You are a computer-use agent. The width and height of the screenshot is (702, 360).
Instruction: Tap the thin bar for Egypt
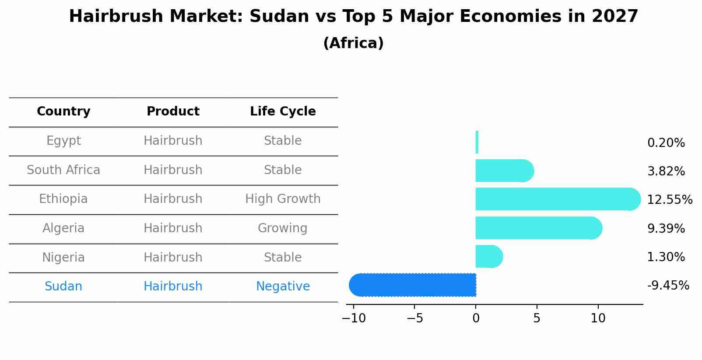pyautogui.click(x=477, y=142)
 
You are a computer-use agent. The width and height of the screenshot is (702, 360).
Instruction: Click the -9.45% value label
pyautogui.click(x=668, y=286)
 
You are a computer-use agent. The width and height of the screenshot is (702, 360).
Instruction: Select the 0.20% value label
pyautogui.click(x=666, y=143)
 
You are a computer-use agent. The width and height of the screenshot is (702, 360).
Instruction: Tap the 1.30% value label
pyautogui.click(x=666, y=257)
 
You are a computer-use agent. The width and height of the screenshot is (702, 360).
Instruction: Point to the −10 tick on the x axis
pyautogui.click(x=354, y=318)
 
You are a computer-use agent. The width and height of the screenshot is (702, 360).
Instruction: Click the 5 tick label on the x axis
pyautogui.click(x=537, y=318)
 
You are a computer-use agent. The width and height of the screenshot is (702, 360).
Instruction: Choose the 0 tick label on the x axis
pyautogui.click(x=476, y=318)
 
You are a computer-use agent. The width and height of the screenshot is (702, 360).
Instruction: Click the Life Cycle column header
pyautogui.click(x=283, y=112)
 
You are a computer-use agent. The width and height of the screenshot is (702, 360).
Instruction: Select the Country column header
pyautogui.click(x=63, y=112)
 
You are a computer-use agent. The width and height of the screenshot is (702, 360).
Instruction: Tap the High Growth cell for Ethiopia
pyautogui.click(x=283, y=199)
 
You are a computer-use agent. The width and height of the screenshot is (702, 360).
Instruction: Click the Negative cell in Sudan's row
pyautogui.click(x=283, y=287)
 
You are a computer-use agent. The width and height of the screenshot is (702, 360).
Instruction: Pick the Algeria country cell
pyautogui.click(x=63, y=228)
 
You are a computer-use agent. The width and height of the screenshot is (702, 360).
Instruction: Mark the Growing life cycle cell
pyautogui.click(x=283, y=228)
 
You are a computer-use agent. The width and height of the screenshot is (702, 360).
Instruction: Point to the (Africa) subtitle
pyautogui.click(x=353, y=43)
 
